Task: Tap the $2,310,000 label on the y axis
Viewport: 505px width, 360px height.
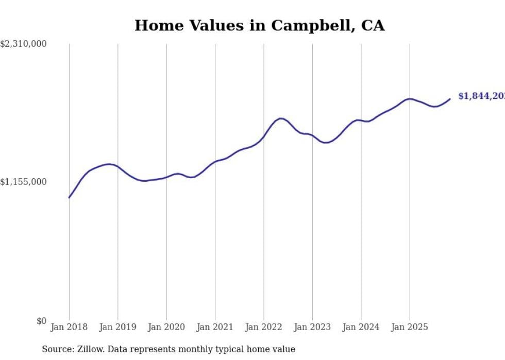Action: tap(23, 44)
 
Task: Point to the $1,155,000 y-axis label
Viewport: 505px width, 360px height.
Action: tap(23, 182)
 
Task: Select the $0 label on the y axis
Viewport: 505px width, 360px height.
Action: tap(41, 321)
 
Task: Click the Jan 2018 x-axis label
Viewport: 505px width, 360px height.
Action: tap(69, 327)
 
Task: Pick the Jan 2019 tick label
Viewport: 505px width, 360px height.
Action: tap(117, 327)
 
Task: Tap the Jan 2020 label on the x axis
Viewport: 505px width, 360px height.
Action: tap(166, 327)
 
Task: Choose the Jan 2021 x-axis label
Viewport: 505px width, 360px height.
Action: tap(215, 327)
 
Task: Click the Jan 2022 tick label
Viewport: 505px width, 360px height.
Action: tap(264, 327)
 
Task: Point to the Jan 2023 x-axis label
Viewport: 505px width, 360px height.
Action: tap(312, 327)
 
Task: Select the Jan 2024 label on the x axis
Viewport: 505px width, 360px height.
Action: tap(361, 327)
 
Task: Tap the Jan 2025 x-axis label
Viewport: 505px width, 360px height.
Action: tap(410, 327)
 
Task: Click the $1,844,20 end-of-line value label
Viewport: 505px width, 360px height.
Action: tap(481, 96)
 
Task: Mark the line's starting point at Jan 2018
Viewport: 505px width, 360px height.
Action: tap(69, 197)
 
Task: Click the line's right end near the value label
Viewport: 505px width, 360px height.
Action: tap(450, 99)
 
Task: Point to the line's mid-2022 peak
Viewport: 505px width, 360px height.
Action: tap(281, 118)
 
